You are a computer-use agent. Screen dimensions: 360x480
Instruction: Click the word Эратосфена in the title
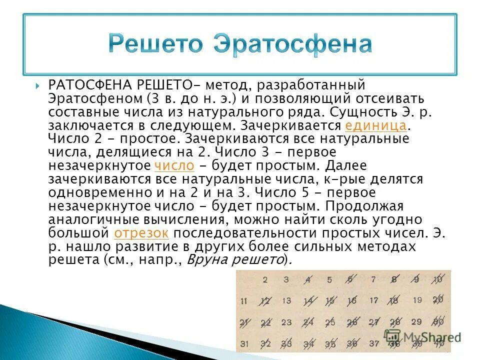[x=292, y=44]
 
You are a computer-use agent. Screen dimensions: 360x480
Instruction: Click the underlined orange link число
[x=174, y=165]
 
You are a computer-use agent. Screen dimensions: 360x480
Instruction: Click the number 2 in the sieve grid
[x=265, y=280]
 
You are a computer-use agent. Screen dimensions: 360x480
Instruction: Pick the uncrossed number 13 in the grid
[x=286, y=301]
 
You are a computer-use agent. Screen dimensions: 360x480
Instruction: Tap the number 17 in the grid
[x=374, y=301]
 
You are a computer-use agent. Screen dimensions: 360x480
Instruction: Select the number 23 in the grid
[x=286, y=322]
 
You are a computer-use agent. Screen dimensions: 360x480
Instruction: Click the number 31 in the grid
[x=243, y=343]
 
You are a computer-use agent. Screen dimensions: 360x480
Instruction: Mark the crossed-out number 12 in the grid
[x=264, y=301]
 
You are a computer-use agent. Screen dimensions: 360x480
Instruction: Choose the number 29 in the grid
[x=417, y=322]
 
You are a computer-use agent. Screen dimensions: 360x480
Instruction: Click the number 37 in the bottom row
[x=374, y=343]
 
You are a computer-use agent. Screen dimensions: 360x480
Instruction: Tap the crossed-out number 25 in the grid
[x=330, y=322]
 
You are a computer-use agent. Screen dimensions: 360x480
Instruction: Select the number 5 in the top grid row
[x=329, y=280]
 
